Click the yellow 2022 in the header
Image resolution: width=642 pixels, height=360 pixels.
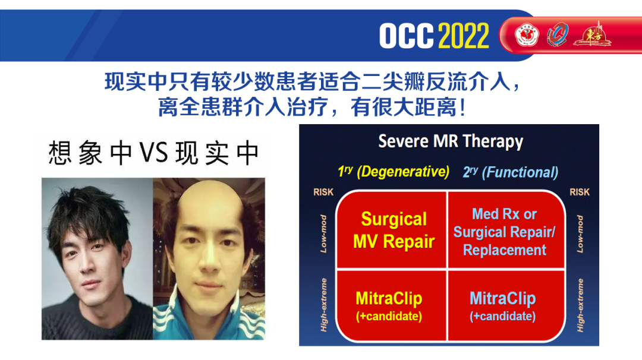(464, 36)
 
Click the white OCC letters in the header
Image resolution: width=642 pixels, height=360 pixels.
(406, 36)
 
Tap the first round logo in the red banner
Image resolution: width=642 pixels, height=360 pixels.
(527, 35)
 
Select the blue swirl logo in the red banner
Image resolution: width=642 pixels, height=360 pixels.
(558, 34)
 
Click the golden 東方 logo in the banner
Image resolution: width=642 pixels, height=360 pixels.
(592, 34)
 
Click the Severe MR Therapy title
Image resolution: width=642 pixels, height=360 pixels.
(451, 141)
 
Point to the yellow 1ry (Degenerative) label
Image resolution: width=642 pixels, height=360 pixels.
(394, 172)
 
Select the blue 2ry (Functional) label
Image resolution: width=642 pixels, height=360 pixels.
(511, 172)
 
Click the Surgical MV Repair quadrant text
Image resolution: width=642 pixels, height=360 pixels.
(394, 230)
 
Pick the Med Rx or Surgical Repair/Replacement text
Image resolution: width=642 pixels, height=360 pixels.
(505, 232)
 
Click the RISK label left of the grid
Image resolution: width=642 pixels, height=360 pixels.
(323, 192)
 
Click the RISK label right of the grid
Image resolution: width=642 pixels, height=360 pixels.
(580, 192)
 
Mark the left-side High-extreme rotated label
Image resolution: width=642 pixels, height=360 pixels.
(323, 305)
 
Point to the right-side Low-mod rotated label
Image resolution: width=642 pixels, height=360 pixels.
(580, 234)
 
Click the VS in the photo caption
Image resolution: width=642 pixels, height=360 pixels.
(153, 153)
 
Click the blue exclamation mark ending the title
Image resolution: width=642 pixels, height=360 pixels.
(462, 107)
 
